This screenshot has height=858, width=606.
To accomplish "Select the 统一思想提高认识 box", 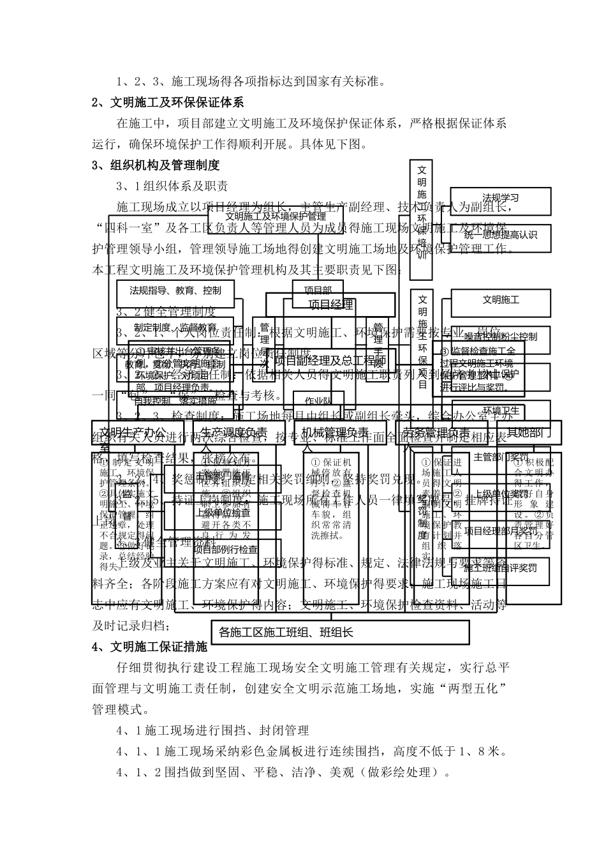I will (500, 235).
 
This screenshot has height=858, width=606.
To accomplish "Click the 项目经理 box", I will (330, 305).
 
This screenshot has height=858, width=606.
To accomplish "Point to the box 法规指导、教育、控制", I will (175, 290).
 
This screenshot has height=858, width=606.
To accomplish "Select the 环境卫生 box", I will (500, 410).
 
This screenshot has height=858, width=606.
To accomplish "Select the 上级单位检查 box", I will (223, 512).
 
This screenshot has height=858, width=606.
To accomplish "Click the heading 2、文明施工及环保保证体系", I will (168, 102).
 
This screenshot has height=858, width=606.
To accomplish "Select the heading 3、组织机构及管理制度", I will (156, 165).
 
